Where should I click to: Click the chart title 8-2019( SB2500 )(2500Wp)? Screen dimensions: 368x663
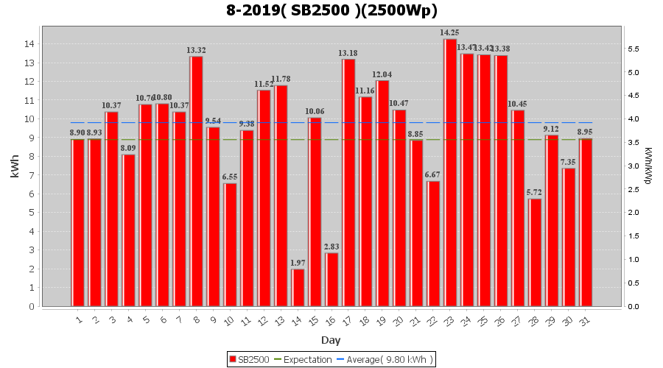coord(331,11)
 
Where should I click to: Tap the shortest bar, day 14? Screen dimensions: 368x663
coord(298,288)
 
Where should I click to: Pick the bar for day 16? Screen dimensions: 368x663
coord(331,280)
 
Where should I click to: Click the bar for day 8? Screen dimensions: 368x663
coord(196,181)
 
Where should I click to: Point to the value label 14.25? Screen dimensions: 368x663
coord(450,32)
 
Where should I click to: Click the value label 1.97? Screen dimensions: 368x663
coord(298,263)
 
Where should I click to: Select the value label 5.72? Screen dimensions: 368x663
coord(535,193)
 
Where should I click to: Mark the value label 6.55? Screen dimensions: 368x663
coord(230,177)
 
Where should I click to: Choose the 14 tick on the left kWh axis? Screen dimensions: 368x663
coord(29,44)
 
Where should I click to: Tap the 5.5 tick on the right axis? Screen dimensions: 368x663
coord(633,49)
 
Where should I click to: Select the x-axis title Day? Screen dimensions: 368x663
coord(331,340)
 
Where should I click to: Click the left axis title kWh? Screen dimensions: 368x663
coord(15,166)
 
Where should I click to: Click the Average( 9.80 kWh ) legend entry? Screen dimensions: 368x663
coord(385,359)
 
